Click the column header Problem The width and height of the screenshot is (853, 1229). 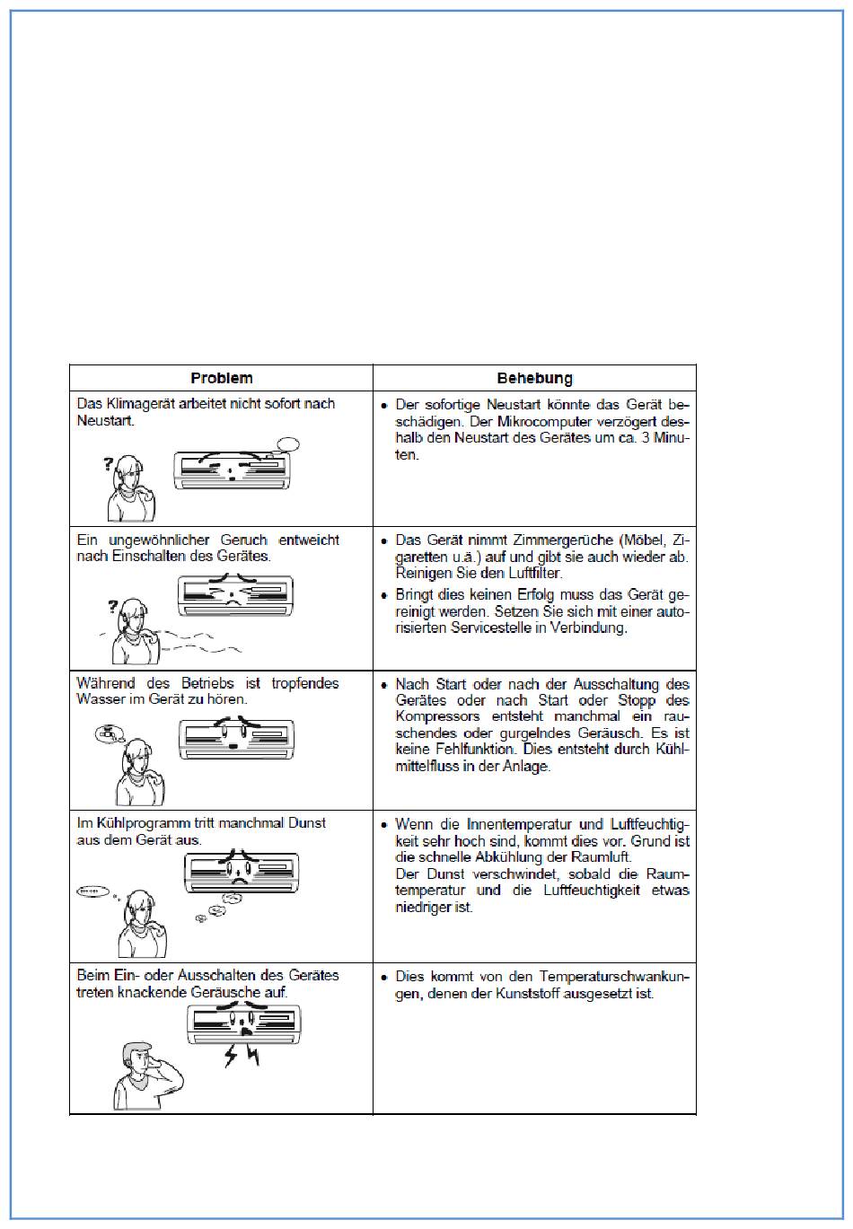pyautogui.click(x=221, y=378)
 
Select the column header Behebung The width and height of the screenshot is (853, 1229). pyautogui.click(x=534, y=378)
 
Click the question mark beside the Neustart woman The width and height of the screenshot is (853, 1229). pyautogui.click(x=109, y=464)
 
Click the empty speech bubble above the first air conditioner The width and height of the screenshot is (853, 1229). pyautogui.click(x=287, y=444)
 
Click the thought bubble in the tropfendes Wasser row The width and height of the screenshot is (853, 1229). pyautogui.click(x=109, y=733)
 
